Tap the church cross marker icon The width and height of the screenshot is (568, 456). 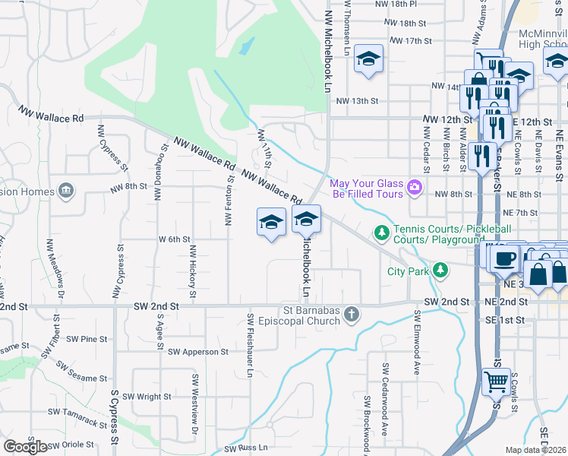point(351,313)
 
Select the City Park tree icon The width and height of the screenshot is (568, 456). point(440,271)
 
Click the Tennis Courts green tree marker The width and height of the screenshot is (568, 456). point(383,231)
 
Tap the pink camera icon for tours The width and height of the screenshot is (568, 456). point(414,186)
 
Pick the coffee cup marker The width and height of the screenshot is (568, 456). point(504,258)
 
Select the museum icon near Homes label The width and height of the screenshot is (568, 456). point(66,189)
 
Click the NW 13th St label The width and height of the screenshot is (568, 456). point(357,100)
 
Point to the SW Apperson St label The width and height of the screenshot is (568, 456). point(198,352)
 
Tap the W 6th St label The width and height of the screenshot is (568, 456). point(173,239)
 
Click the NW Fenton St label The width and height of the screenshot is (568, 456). point(227,200)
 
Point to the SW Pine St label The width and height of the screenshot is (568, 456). point(87,339)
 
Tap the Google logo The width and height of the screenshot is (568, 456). point(25,447)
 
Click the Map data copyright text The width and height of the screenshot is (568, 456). point(536,450)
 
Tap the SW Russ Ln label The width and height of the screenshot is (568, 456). point(246,448)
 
